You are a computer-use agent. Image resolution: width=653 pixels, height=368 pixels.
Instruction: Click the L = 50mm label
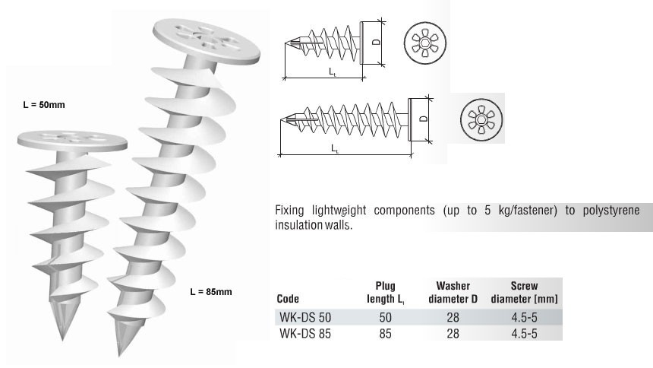pos(44,105)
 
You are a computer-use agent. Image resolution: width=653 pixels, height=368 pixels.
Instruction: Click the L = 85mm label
pos(211,292)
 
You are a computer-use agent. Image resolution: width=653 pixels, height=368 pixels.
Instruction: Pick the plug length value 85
pos(385,333)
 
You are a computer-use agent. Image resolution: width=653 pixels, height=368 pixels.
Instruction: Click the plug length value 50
pos(385,316)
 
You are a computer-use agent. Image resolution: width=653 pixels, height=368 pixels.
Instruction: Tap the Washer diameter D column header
pos(453,293)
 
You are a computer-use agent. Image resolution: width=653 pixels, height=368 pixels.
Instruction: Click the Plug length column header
pos(385,293)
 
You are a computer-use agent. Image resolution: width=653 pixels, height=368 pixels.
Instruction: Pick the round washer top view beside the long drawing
pos(480,119)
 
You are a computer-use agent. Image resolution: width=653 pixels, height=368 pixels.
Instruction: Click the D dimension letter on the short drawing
pos(376,43)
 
